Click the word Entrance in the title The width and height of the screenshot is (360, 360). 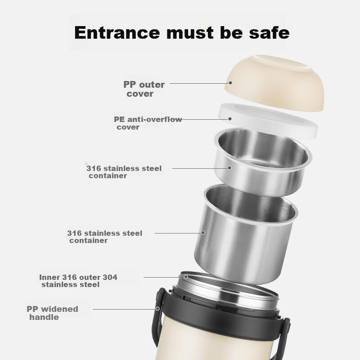click(117, 32)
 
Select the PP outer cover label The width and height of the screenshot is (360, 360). click(144, 89)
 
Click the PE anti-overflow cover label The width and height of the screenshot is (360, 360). click(148, 123)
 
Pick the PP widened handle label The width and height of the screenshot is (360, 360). click(52, 313)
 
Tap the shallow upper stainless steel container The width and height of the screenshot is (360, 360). click(262, 162)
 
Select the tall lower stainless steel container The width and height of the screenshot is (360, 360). click(246, 234)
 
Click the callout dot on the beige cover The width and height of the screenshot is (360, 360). click(230, 83)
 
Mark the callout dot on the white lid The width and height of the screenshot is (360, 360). click(230, 119)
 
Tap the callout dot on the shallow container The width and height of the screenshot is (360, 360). click(229, 168)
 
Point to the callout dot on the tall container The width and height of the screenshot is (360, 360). click(203, 233)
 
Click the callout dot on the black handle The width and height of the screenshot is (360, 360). click(157, 309)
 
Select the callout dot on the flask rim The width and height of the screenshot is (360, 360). click(186, 277)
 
